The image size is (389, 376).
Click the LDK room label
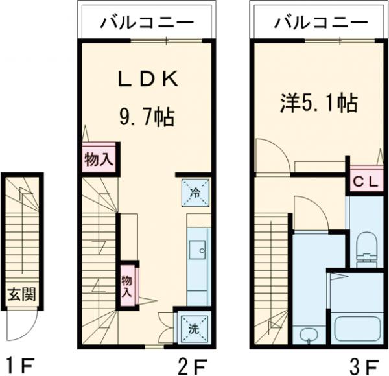point(147,80)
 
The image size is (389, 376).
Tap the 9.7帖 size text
point(147,117)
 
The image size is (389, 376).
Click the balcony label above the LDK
point(147,23)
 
